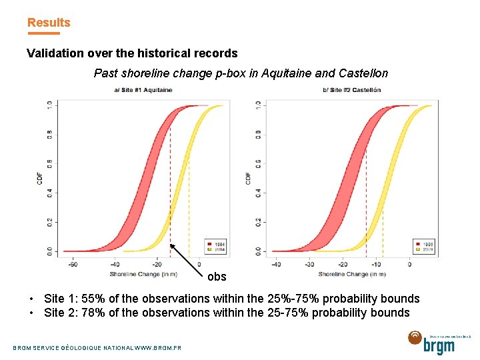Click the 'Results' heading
tap(49, 23)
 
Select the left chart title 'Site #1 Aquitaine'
tap(143, 90)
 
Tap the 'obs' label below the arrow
tap(217, 277)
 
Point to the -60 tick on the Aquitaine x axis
tap(73, 265)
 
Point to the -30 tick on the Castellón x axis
tap(309, 265)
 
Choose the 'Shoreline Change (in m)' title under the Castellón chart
tap(351, 274)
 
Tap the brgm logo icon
tap(415, 339)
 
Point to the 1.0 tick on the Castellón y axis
tap(258, 105)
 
